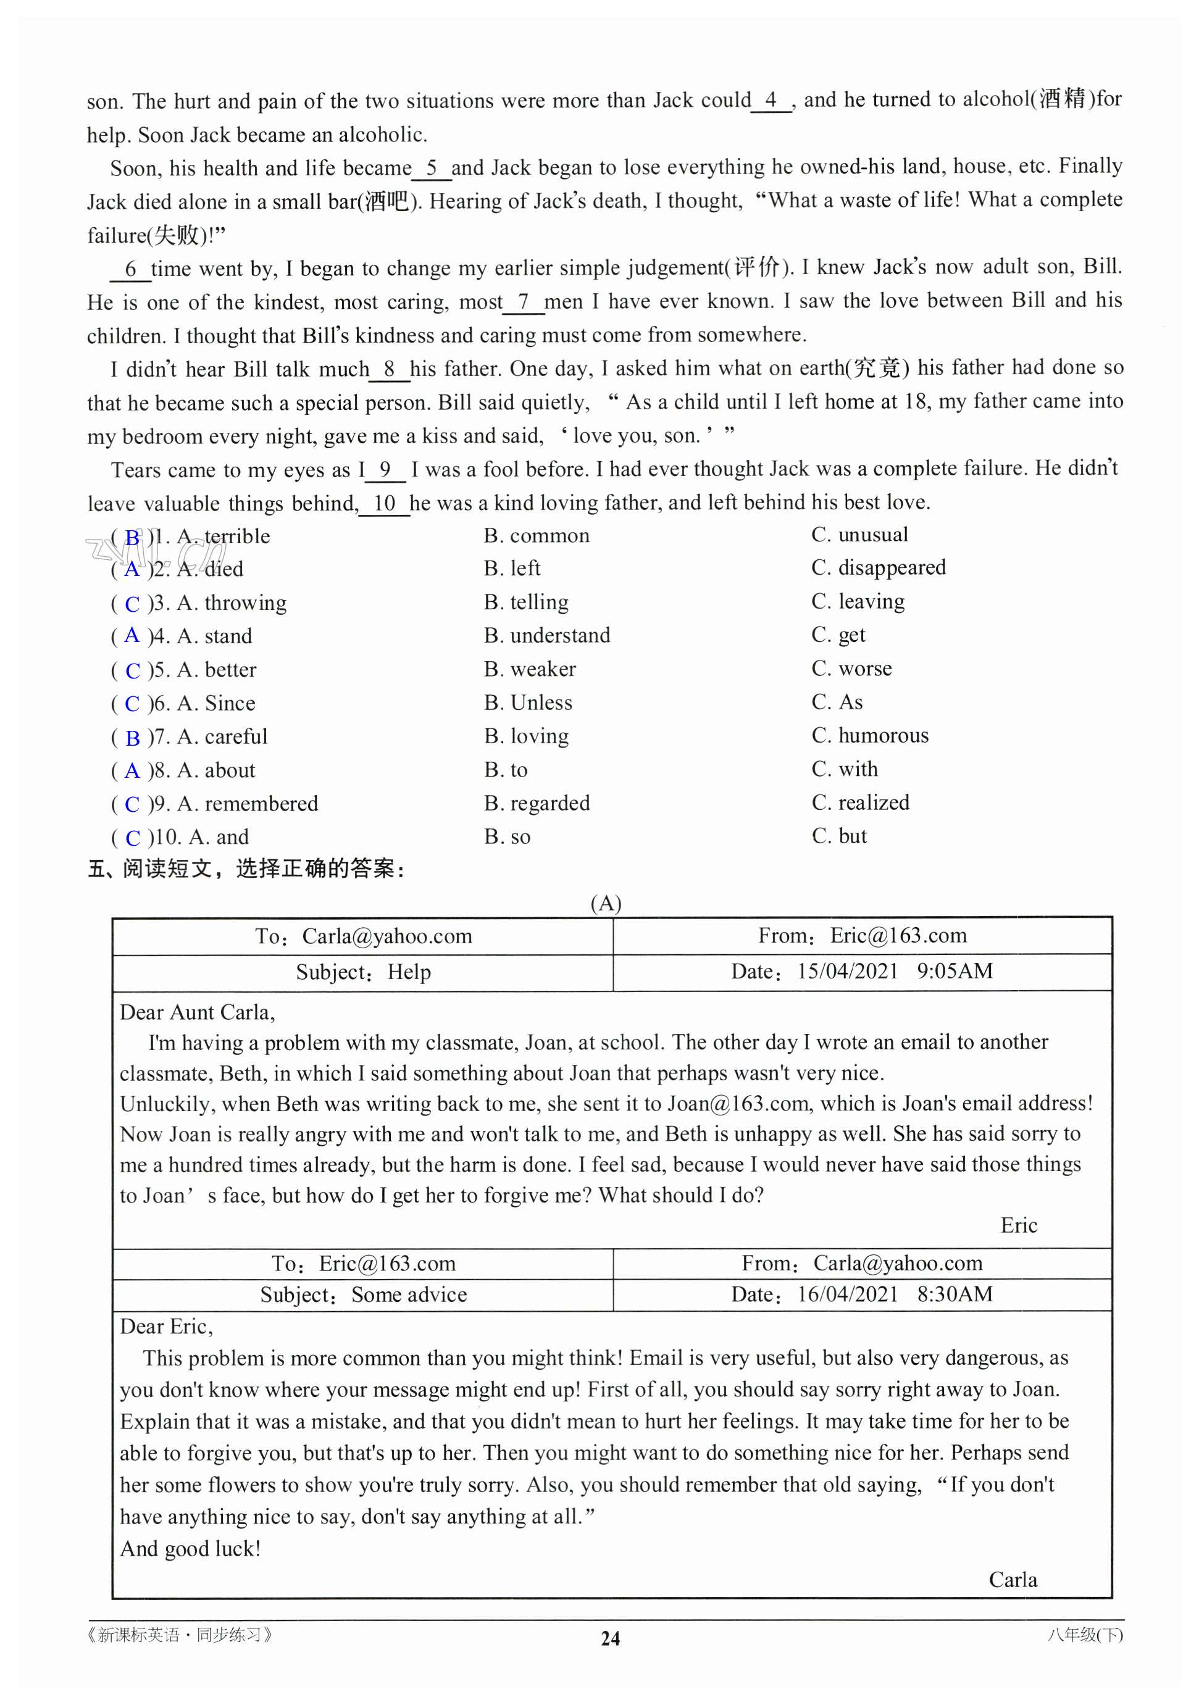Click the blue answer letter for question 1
pyautogui.click(x=132, y=538)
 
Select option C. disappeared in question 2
pyautogui.click(x=878, y=568)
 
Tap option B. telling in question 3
pyautogui.click(x=526, y=602)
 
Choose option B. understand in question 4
pyautogui.click(x=547, y=636)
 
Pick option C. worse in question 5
pyautogui.click(x=851, y=669)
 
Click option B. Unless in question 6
pyautogui.click(x=528, y=703)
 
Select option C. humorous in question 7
pyautogui.click(x=870, y=736)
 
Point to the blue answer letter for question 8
pyautogui.click(x=132, y=772)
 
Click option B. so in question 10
pyautogui.click(x=508, y=838)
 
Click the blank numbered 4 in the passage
pyautogui.click(x=771, y=100)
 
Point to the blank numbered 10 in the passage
pyautogui.click(x=384, y=504)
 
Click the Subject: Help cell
pyautogui.click(x=363, y=972)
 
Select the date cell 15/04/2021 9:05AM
pyautogui.click(x=862, y=971)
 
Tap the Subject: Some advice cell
pyautogui.click(x=363, y=1295)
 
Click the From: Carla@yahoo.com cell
pyautogui.click(x=862, y=1263)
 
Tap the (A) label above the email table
pyautogui.click(x=606, y=903)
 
